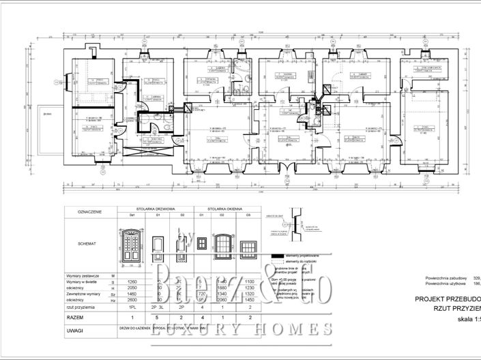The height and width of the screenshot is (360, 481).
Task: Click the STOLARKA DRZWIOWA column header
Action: click(x=156, y=209)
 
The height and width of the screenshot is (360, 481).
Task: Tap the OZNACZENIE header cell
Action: click(x=90, y=212)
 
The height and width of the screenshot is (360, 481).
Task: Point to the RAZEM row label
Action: click(x=76, y=318)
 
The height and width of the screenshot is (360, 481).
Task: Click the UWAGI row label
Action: click(x=76, y=330)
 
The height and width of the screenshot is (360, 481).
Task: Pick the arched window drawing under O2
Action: click(x=222, y=243)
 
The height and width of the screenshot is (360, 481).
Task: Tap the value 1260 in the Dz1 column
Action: click(x=133, y=282)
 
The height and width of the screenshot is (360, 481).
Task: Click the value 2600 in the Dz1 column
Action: click(x=133, y=301)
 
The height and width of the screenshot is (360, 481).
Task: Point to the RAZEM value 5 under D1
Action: click(x=157, y=318)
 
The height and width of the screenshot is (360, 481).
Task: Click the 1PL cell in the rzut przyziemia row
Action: click(x=133, y=307)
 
